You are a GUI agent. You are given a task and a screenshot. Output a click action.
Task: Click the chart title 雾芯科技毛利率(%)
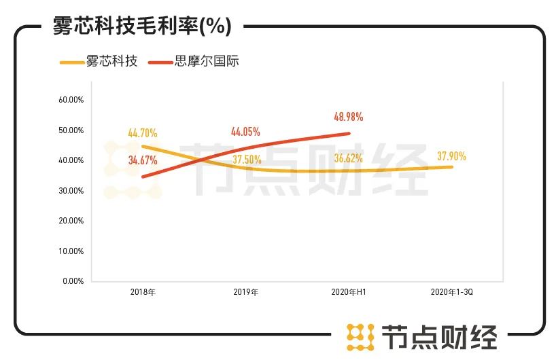point(142,26)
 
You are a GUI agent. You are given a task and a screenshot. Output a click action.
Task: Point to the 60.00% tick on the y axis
point(71,99)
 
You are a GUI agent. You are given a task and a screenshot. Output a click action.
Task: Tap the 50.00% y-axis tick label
point(71,130)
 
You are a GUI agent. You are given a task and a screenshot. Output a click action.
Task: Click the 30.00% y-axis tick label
point(71,190)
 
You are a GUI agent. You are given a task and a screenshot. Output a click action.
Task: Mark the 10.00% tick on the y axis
point(71,251)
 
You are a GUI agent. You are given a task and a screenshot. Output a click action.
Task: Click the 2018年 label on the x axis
point(143,292)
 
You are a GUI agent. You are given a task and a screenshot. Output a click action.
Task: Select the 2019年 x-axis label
point(245,292)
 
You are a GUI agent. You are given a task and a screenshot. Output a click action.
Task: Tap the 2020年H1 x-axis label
point(349,292)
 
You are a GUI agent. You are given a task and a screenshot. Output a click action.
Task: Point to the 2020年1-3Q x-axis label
point(451,292)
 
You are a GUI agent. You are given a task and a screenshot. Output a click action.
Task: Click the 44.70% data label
point(143,132)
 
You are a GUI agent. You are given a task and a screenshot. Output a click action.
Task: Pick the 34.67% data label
point(143,161)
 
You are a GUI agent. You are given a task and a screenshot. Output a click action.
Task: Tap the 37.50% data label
point(247,160)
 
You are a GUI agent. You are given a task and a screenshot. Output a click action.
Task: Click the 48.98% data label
point(348,117)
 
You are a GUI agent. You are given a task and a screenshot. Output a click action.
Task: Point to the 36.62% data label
point(348,159)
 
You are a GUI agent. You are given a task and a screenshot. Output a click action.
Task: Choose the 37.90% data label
point(451,156)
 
